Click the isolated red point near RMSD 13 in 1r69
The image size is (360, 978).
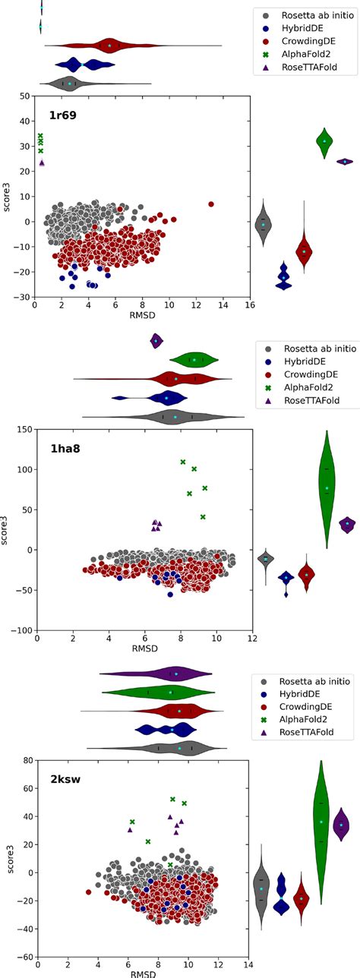211,204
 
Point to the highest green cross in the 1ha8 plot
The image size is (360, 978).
183,462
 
